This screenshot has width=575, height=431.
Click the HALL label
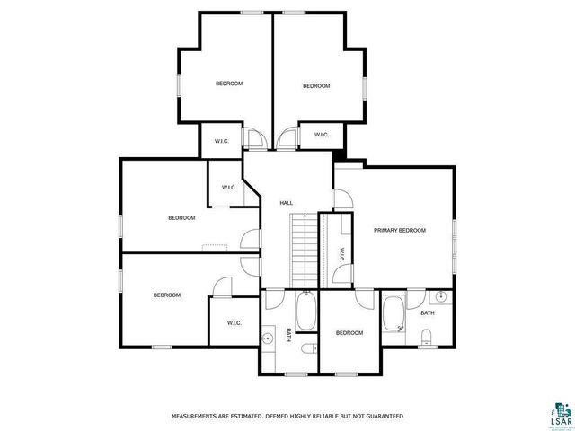[x=286, y=203]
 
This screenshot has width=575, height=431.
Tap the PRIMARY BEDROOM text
[x=399, y=231]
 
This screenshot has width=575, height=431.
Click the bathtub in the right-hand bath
[x=394, y=315]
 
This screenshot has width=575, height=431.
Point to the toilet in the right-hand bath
[x=427, y=337]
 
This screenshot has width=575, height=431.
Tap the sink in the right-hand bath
[x=440, y=297]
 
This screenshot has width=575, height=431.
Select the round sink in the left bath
[x=268, y=338]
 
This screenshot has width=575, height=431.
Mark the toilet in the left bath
[x=308, y=347]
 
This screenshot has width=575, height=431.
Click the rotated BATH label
[x=288, y=335]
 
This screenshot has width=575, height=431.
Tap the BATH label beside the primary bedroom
[x=427, y=313]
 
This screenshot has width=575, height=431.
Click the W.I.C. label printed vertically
[x=341, y=255]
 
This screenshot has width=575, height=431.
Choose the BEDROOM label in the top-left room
[x=229, y=84]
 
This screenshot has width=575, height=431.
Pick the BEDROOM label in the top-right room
[x=315, y=86]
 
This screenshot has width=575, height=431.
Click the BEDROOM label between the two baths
[x=349, y=333]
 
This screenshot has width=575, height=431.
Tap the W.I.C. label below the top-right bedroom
[x=320, y=136]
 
